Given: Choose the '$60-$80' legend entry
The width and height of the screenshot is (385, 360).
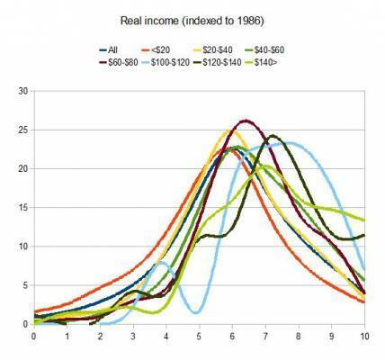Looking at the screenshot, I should tap(121, 64).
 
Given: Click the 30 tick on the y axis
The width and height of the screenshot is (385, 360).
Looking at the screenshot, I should tap(22, 91).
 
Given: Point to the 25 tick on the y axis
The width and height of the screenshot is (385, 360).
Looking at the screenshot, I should tap(22, 130).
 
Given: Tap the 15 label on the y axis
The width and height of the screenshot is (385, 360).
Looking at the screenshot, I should tap(22, 207).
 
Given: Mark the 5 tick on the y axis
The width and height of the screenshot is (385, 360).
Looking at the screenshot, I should tap(24, 285).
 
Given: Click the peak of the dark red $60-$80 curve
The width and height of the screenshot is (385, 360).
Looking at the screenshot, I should tap(246, 121).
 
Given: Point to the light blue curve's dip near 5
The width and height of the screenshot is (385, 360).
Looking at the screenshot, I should tap(195, 312).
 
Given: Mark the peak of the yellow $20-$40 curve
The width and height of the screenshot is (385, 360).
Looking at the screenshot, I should tap(228, 132).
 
